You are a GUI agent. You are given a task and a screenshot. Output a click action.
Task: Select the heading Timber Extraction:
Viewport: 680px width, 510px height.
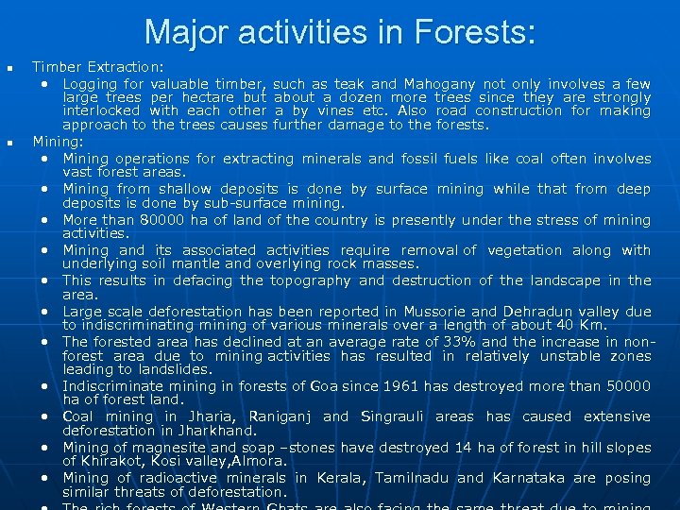[98, 67]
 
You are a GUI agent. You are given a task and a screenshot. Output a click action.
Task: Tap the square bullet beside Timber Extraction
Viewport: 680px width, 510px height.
[9, 68]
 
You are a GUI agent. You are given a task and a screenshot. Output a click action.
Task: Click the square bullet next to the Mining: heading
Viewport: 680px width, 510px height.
[9, 143]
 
